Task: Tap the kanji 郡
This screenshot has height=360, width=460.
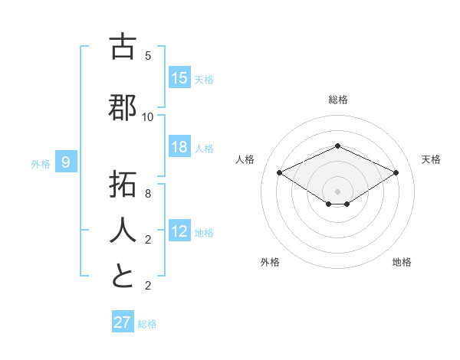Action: (123, 108)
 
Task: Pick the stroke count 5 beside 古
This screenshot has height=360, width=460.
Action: (148, 56)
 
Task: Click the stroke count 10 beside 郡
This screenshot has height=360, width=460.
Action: (148, 116)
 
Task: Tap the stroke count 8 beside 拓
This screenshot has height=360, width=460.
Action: (148, 193)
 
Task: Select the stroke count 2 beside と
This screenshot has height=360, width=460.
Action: (148, 286)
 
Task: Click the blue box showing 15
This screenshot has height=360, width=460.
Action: (179, 78)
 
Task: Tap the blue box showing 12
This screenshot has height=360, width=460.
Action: (179, 231)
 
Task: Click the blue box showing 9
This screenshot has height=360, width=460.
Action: (66, 162)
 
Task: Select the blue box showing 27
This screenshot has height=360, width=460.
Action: (123, 322)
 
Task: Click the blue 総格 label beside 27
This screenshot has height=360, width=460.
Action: (147, 324)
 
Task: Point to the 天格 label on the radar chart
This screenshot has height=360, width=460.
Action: (431, 159)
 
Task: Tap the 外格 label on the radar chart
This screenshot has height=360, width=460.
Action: (270, 262)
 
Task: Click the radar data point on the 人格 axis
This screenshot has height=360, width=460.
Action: (279, 173)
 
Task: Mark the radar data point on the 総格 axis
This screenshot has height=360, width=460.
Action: (337, 146)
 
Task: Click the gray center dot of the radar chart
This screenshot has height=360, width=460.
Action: (337, 191)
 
